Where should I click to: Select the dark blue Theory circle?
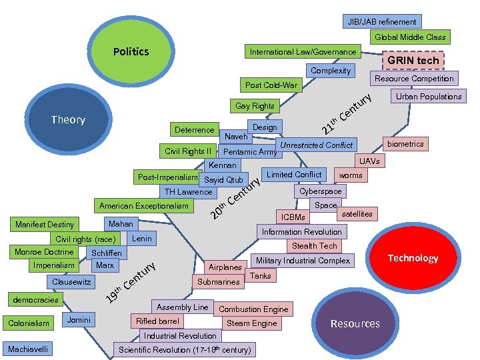(x=69, y=120)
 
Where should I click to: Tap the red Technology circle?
(x=413, y=258)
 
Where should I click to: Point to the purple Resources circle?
(x=355, y=323)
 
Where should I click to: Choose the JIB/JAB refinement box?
(x=382, y=22)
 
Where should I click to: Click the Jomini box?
(x=80, y=320)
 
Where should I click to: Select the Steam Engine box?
(x=251, y=323)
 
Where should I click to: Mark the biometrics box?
(x=405, y=144)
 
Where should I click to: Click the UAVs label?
(x=369, y=161)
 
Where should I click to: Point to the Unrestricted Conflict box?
(x=316, y=145)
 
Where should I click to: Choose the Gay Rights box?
(x=255, y=106)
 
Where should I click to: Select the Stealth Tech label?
(x=315, y=246)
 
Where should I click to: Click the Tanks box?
(x=260, y=275)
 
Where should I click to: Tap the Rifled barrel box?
(x=157, y=321)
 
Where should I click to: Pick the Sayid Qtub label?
(x=223, y=180)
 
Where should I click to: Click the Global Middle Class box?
(x=410, y=37)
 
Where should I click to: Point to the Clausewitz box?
(x=72, y=282)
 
